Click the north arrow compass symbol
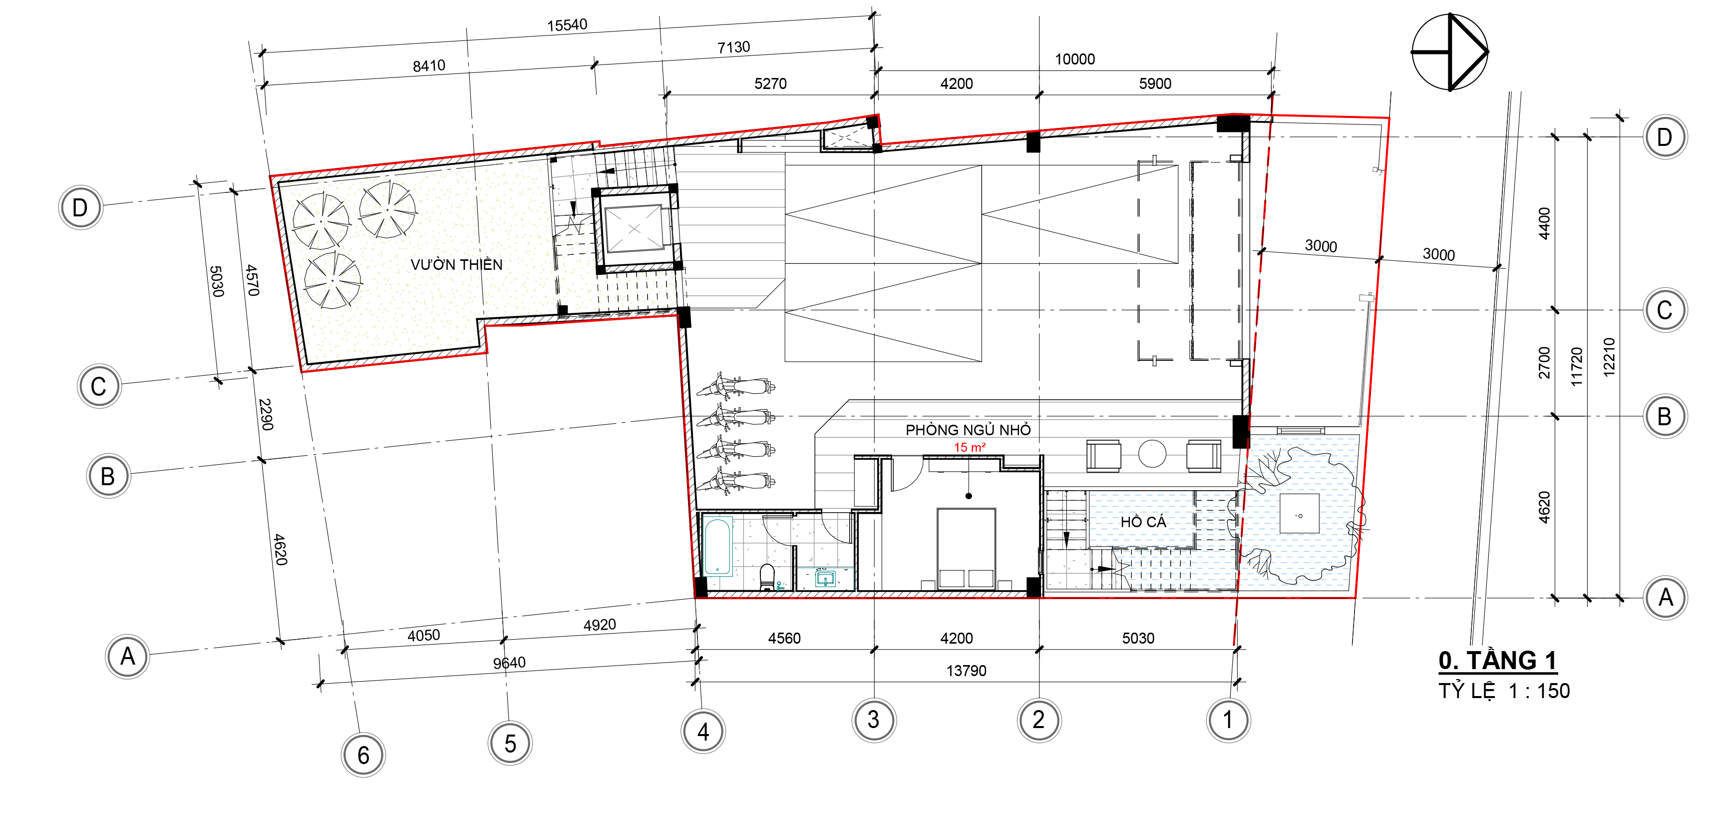tap(1450, 52)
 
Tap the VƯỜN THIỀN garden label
tap(456, 265)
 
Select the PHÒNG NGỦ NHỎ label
tap(968, 430)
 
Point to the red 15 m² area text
tap(970, 447)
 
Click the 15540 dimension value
tap(567, 25)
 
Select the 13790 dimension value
tap(966, 671)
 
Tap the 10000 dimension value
tap(1074, 59)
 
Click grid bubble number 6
tap(363, 755)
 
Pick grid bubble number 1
tap(1228, 720)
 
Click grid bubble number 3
tap(874, 720)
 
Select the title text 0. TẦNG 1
tap(1497, 661)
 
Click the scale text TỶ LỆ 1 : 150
tap(1504, 691)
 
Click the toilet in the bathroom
tap(767, 577)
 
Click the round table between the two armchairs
tap(1152, 454)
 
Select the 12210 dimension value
tap(1609, 358)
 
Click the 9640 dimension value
tap(509, 663)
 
